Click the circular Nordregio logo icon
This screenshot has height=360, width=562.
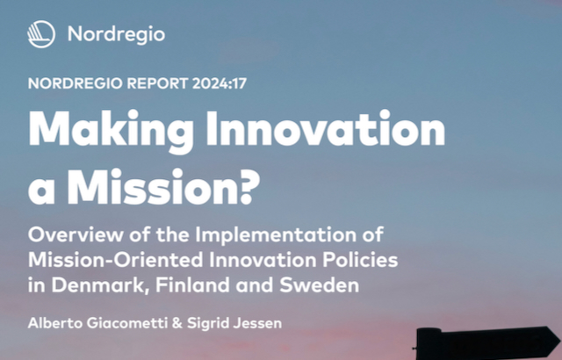pyautogui.click(x=41, y=34)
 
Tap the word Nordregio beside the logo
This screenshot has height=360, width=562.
pyautogui.click(x=116, y=35)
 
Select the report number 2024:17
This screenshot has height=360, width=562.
pyautogui.click(x=220, y=83)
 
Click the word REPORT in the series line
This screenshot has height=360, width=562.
pyautogui.click(x=157, y=83)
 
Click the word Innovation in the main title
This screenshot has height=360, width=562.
pyautogui.click(x=326, y=128)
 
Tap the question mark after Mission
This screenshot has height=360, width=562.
pyautogui.click(x=249, y=186)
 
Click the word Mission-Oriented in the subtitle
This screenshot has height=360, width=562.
pyautogui.click(x=116, y=260)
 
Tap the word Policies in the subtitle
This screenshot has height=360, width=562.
pyautogui.click(x=360, y=260)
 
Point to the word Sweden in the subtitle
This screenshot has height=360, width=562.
pyautogui.click(x=320, y=285)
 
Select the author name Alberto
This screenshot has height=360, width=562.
pyautogui.click(x=55, y=323)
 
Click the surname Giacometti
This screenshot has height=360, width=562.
pyautogui.click(x=127, y=323)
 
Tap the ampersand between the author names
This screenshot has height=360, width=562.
pyautogui.click(x=177, y=323)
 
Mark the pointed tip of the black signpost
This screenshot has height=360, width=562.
pyautogui.click(x=560, y=341)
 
